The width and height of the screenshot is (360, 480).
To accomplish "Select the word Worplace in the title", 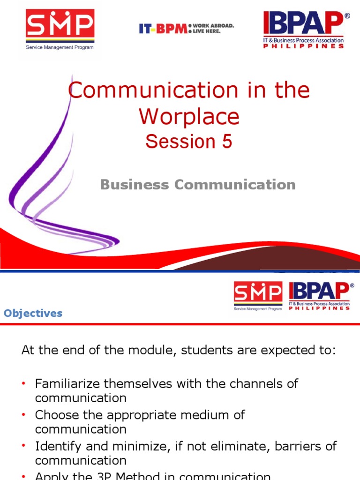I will point(189,117).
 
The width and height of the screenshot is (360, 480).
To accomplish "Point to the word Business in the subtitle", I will point(135,185).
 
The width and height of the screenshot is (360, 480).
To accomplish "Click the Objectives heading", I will point(33,313).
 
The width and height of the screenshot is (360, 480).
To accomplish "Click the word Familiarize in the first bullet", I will point(67,383).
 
